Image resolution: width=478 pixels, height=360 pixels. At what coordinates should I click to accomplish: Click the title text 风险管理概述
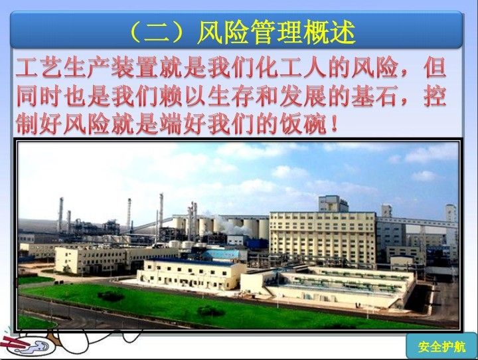[x=276, y=31]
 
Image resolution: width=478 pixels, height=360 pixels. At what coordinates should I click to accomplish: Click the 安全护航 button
[x=441, y=347]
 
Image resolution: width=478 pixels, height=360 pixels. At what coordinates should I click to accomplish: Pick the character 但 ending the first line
[x=435, y=68]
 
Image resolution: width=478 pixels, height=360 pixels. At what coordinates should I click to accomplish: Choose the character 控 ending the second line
[x=435, y=96]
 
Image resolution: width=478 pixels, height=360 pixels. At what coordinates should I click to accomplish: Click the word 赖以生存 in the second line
[x=206, y=96]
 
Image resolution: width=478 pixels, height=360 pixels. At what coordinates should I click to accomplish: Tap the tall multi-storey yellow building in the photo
[x=323, y=238]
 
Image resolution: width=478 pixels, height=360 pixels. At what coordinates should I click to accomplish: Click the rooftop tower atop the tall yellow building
[x=333, y=203]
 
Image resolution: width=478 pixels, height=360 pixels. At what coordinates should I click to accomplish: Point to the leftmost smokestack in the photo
[x=60, y=215]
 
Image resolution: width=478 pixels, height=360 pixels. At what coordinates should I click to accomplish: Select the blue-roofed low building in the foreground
[x=191, y=274]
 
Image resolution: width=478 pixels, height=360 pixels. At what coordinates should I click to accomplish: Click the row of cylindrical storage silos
[x=222, y=226]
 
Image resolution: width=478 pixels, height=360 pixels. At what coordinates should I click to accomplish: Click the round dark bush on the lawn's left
[x=111, y=296]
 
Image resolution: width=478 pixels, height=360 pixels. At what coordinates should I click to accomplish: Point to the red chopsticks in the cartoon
[x=15, y=341]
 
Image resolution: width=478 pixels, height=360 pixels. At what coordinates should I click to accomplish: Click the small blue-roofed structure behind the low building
[x=222, y=255]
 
